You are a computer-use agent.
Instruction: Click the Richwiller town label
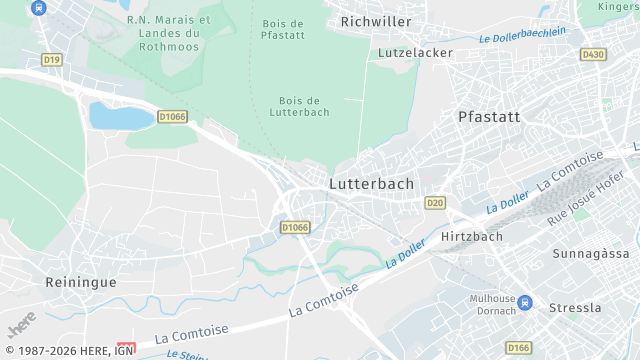click(x=376, y=20)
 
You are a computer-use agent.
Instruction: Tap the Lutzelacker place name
click(x=415, y=52)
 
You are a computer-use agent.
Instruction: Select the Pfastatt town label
click(x=489, y=116)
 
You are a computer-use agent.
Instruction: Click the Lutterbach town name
click(x=371, y=184)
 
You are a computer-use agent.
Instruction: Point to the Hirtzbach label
click(x=471, y=236)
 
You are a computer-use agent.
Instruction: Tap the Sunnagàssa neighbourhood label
click(x=590, y=254)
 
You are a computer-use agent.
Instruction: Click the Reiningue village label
click(x=81, y=282)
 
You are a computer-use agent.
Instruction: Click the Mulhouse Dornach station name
click(x=492, y=304)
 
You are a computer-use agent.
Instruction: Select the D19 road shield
click(x=52, y=60)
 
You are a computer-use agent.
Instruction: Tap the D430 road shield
click(x=593, y=54)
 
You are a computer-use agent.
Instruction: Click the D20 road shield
click(x=434, y=203)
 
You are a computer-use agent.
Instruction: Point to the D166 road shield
click(x=518, y=347)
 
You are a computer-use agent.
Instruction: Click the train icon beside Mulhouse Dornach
click(x=526, y=304)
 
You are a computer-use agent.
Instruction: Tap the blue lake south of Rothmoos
click(x=120, y=116)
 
